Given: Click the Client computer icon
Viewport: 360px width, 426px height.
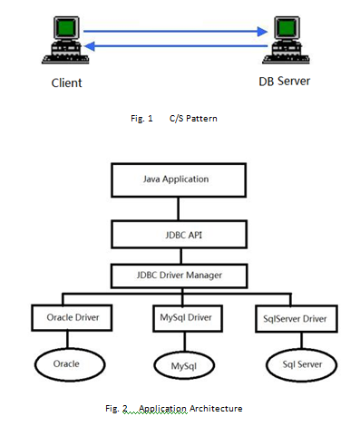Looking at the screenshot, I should (62, 42).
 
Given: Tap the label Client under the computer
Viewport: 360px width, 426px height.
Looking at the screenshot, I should (65, 83).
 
